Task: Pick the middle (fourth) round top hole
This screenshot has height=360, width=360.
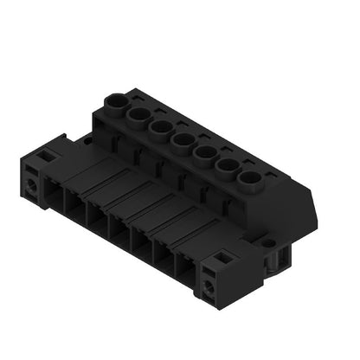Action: pyautogui.click(x=183, y=140)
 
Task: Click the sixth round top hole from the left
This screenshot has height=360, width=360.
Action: pyautogui.click(x=227, y=167)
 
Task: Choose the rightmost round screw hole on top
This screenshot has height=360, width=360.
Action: pyautogui.click(x=250, y=181)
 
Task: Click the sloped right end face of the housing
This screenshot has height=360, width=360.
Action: pyautogui.click(x=286, y=212)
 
